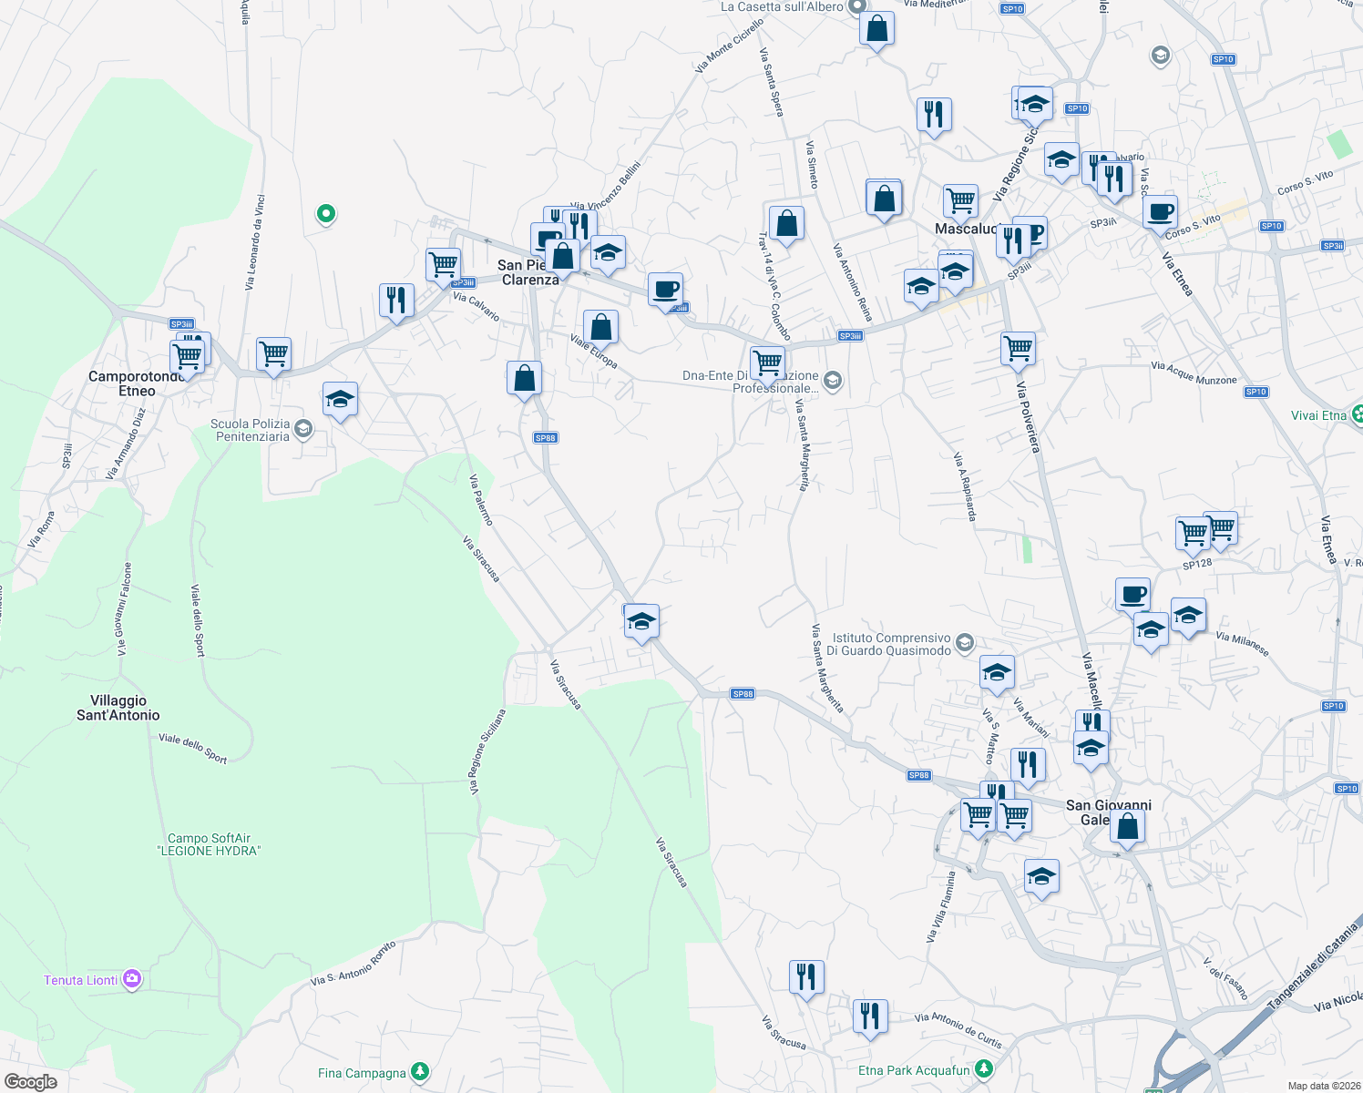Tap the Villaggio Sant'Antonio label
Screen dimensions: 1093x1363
tap(118, 708)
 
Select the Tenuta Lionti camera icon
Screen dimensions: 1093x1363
tap(133, 979)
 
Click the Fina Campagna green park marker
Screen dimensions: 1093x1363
tap(419, 1072)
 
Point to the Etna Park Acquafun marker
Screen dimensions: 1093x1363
tap(983, 1069)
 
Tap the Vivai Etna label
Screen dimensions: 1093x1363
tap(1318, 415)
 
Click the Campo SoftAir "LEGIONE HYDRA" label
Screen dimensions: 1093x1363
tap(210, 844)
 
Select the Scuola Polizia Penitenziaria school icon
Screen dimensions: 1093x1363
tap(304, 428)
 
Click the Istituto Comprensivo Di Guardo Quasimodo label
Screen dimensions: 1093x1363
tap(892, 644)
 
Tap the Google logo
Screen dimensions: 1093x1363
tap(31, 1081)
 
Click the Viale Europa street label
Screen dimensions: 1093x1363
tap(594, 352)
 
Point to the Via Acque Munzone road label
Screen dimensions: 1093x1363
tap(1194, 373)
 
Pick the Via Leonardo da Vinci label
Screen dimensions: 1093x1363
tap(254, 243)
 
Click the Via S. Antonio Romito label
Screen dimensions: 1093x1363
tap(354, 965)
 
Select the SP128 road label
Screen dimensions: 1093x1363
tap(1197, 564)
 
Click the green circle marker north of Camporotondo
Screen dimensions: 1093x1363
tap(325, 214)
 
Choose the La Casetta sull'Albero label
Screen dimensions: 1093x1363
tap(782, 7)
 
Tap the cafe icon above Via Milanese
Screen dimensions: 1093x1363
tap(1132, 595)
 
